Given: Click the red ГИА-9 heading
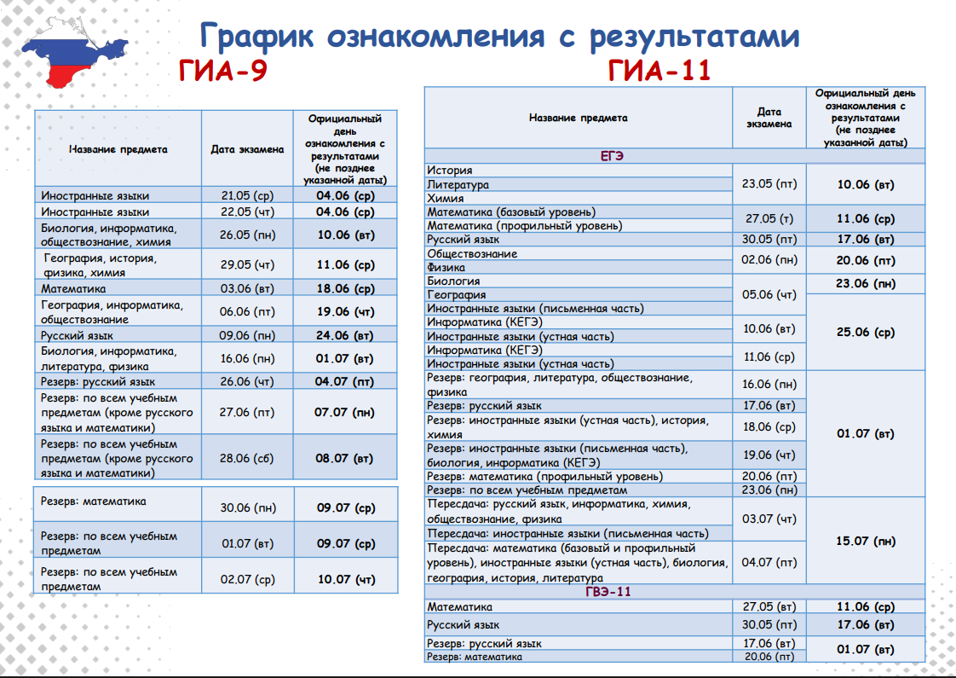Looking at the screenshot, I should coord(223,71).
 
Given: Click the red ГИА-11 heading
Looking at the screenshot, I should coord(659,71).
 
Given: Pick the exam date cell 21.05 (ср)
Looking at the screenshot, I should coord(247,195).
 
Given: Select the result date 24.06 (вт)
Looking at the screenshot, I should coord(344,335).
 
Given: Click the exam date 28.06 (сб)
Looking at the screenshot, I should coord(247,459).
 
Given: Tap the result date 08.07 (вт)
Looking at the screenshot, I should coord(344,459).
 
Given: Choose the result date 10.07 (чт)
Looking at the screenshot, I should coord(344,579).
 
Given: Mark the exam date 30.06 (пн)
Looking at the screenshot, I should coord(247,507).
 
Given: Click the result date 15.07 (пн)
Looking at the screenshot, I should coord(866,541).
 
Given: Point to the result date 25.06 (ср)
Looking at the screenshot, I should coord(866,332).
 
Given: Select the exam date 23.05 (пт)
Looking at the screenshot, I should coord(769,183).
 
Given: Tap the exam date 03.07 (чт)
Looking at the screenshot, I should coord(769,519).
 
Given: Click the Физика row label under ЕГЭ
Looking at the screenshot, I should coord(446,267).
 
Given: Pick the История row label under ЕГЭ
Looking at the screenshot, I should coord(449,171).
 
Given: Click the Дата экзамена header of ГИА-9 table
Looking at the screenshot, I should coord(247,149).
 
